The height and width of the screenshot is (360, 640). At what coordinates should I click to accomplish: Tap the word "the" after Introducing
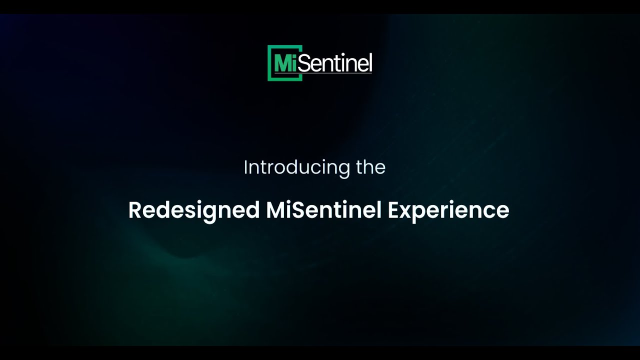pos(370,167)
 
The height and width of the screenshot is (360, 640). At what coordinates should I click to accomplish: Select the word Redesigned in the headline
pos(193,210)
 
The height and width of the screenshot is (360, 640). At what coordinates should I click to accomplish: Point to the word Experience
pos(448,210)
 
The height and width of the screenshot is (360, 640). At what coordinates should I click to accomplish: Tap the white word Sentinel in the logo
pos(336,63)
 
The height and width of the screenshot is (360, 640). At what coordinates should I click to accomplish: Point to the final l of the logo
pos(370,63)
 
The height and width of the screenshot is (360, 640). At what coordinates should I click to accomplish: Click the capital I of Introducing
pos(245,167)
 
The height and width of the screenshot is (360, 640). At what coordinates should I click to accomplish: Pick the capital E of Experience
pos(393,210)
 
